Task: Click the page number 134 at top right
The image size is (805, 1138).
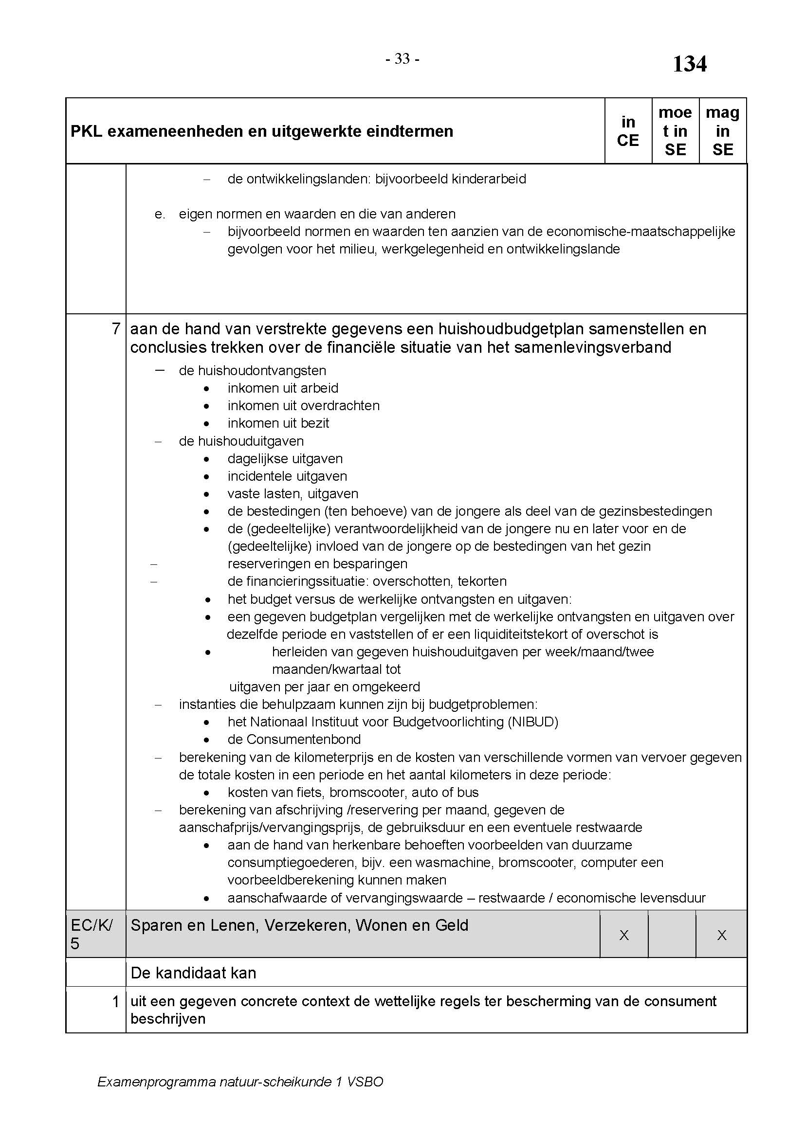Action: [x=689, y=64]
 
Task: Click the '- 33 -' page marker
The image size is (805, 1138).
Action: [x=402, y=59]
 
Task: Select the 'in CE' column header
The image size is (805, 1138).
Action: [x=627, y=131]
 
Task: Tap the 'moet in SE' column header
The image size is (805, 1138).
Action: [x=675, y=131]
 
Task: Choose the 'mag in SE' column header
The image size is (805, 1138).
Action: [x=722, y=131]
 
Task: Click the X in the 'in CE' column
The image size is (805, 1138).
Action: [x=624, y=935]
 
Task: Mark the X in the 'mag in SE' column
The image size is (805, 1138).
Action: [x=722, y=935]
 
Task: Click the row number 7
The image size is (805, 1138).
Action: [x=116, y=329]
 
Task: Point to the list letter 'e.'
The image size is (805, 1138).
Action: [x=160, y=214]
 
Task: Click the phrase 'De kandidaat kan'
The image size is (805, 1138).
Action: [x=193, y=973]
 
